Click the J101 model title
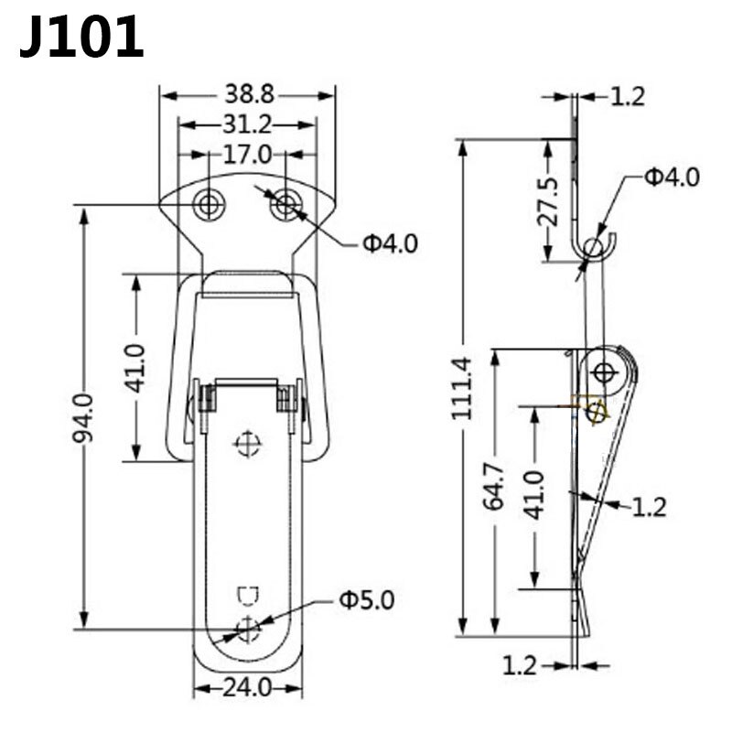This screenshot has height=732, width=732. pyautogui.click(x=81, y=37)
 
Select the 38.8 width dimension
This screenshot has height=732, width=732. pyautogui.click(x=249, y=95)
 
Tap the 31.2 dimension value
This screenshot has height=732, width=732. pyautogui.click(x=247, y=124)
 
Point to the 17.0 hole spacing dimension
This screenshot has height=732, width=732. pyautogui.click(x=247, y=155)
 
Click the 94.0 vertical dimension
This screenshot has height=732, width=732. pyautogui.click(x=83, y=419)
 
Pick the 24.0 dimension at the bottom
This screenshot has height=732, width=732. pyautogui.click(x=247, y=687)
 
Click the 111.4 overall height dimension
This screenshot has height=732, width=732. pyautogui.click(x=462, y=387)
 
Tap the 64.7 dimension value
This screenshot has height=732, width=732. pyautogui.click(x=494, y=486)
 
